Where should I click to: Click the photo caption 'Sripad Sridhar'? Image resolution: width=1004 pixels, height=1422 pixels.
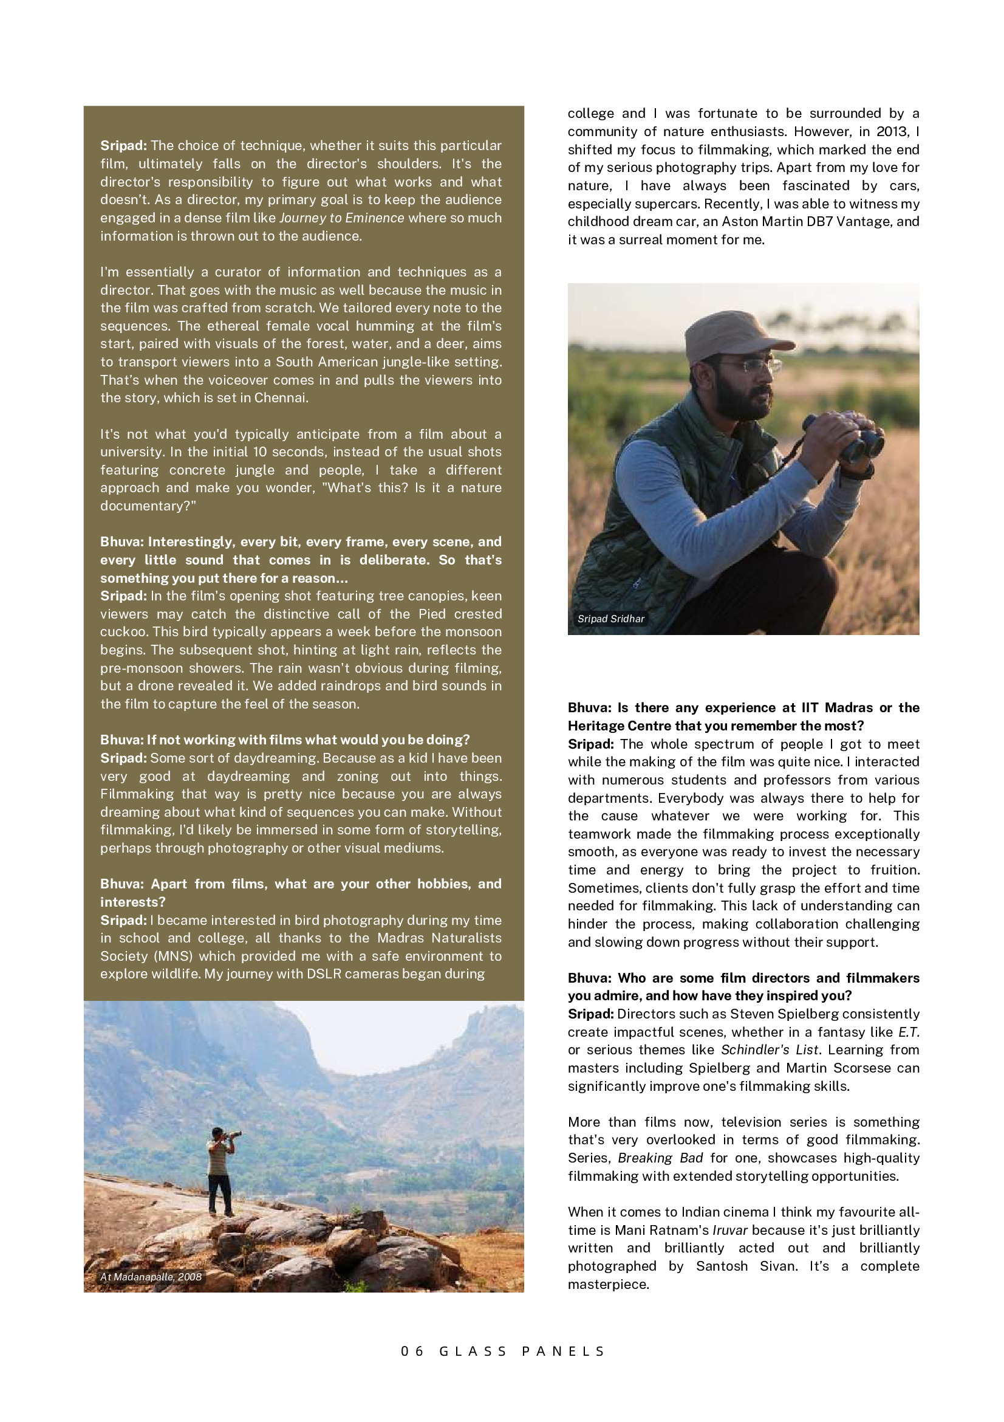[610, 619]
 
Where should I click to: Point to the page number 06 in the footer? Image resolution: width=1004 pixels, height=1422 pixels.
[412, 1351]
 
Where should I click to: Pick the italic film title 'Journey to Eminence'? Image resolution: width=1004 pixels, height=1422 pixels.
[342, 218]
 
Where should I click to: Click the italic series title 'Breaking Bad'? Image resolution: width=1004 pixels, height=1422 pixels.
[660, 1158]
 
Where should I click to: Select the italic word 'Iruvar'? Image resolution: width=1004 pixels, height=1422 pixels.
[730, 1230]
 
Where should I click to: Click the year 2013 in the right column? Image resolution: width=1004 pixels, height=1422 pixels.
[892, 131]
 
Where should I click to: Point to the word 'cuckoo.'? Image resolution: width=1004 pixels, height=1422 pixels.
[124, 632]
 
